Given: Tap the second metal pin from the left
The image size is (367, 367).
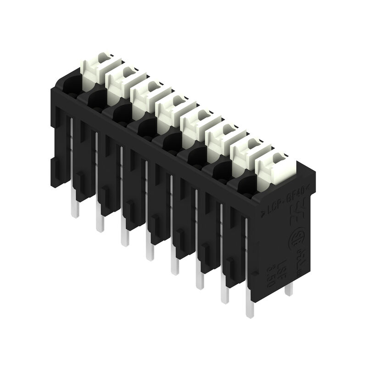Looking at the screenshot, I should click(100, 223).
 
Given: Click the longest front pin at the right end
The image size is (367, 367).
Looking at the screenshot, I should click(250, 308).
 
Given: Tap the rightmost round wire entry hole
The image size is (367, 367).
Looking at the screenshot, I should click(246, 185).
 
